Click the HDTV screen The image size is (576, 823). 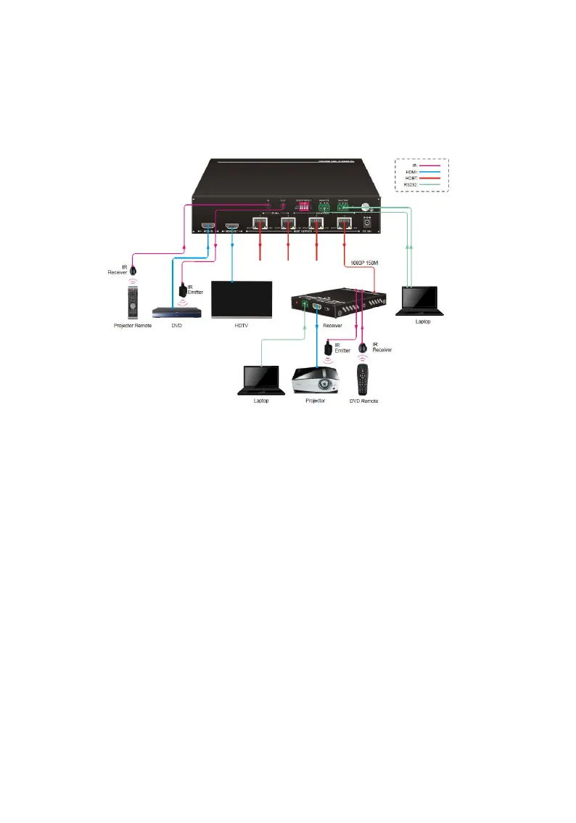(241, 299)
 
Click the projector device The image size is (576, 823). (315, 380)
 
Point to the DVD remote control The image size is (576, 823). (364, 379)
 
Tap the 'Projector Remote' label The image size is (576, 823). (131, 327)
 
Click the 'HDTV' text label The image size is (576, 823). (241, 327)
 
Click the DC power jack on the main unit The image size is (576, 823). (377, 224)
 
